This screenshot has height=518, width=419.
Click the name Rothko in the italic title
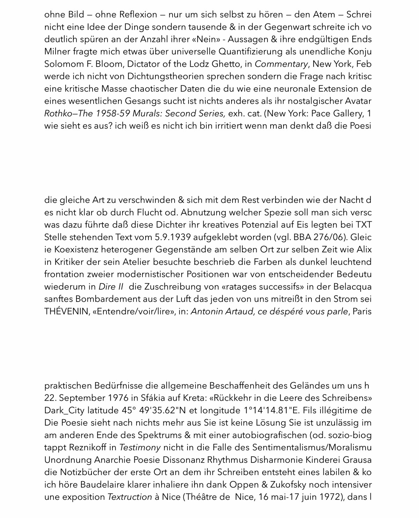coord(57,113)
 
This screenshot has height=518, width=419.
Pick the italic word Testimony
coord(140,447)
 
